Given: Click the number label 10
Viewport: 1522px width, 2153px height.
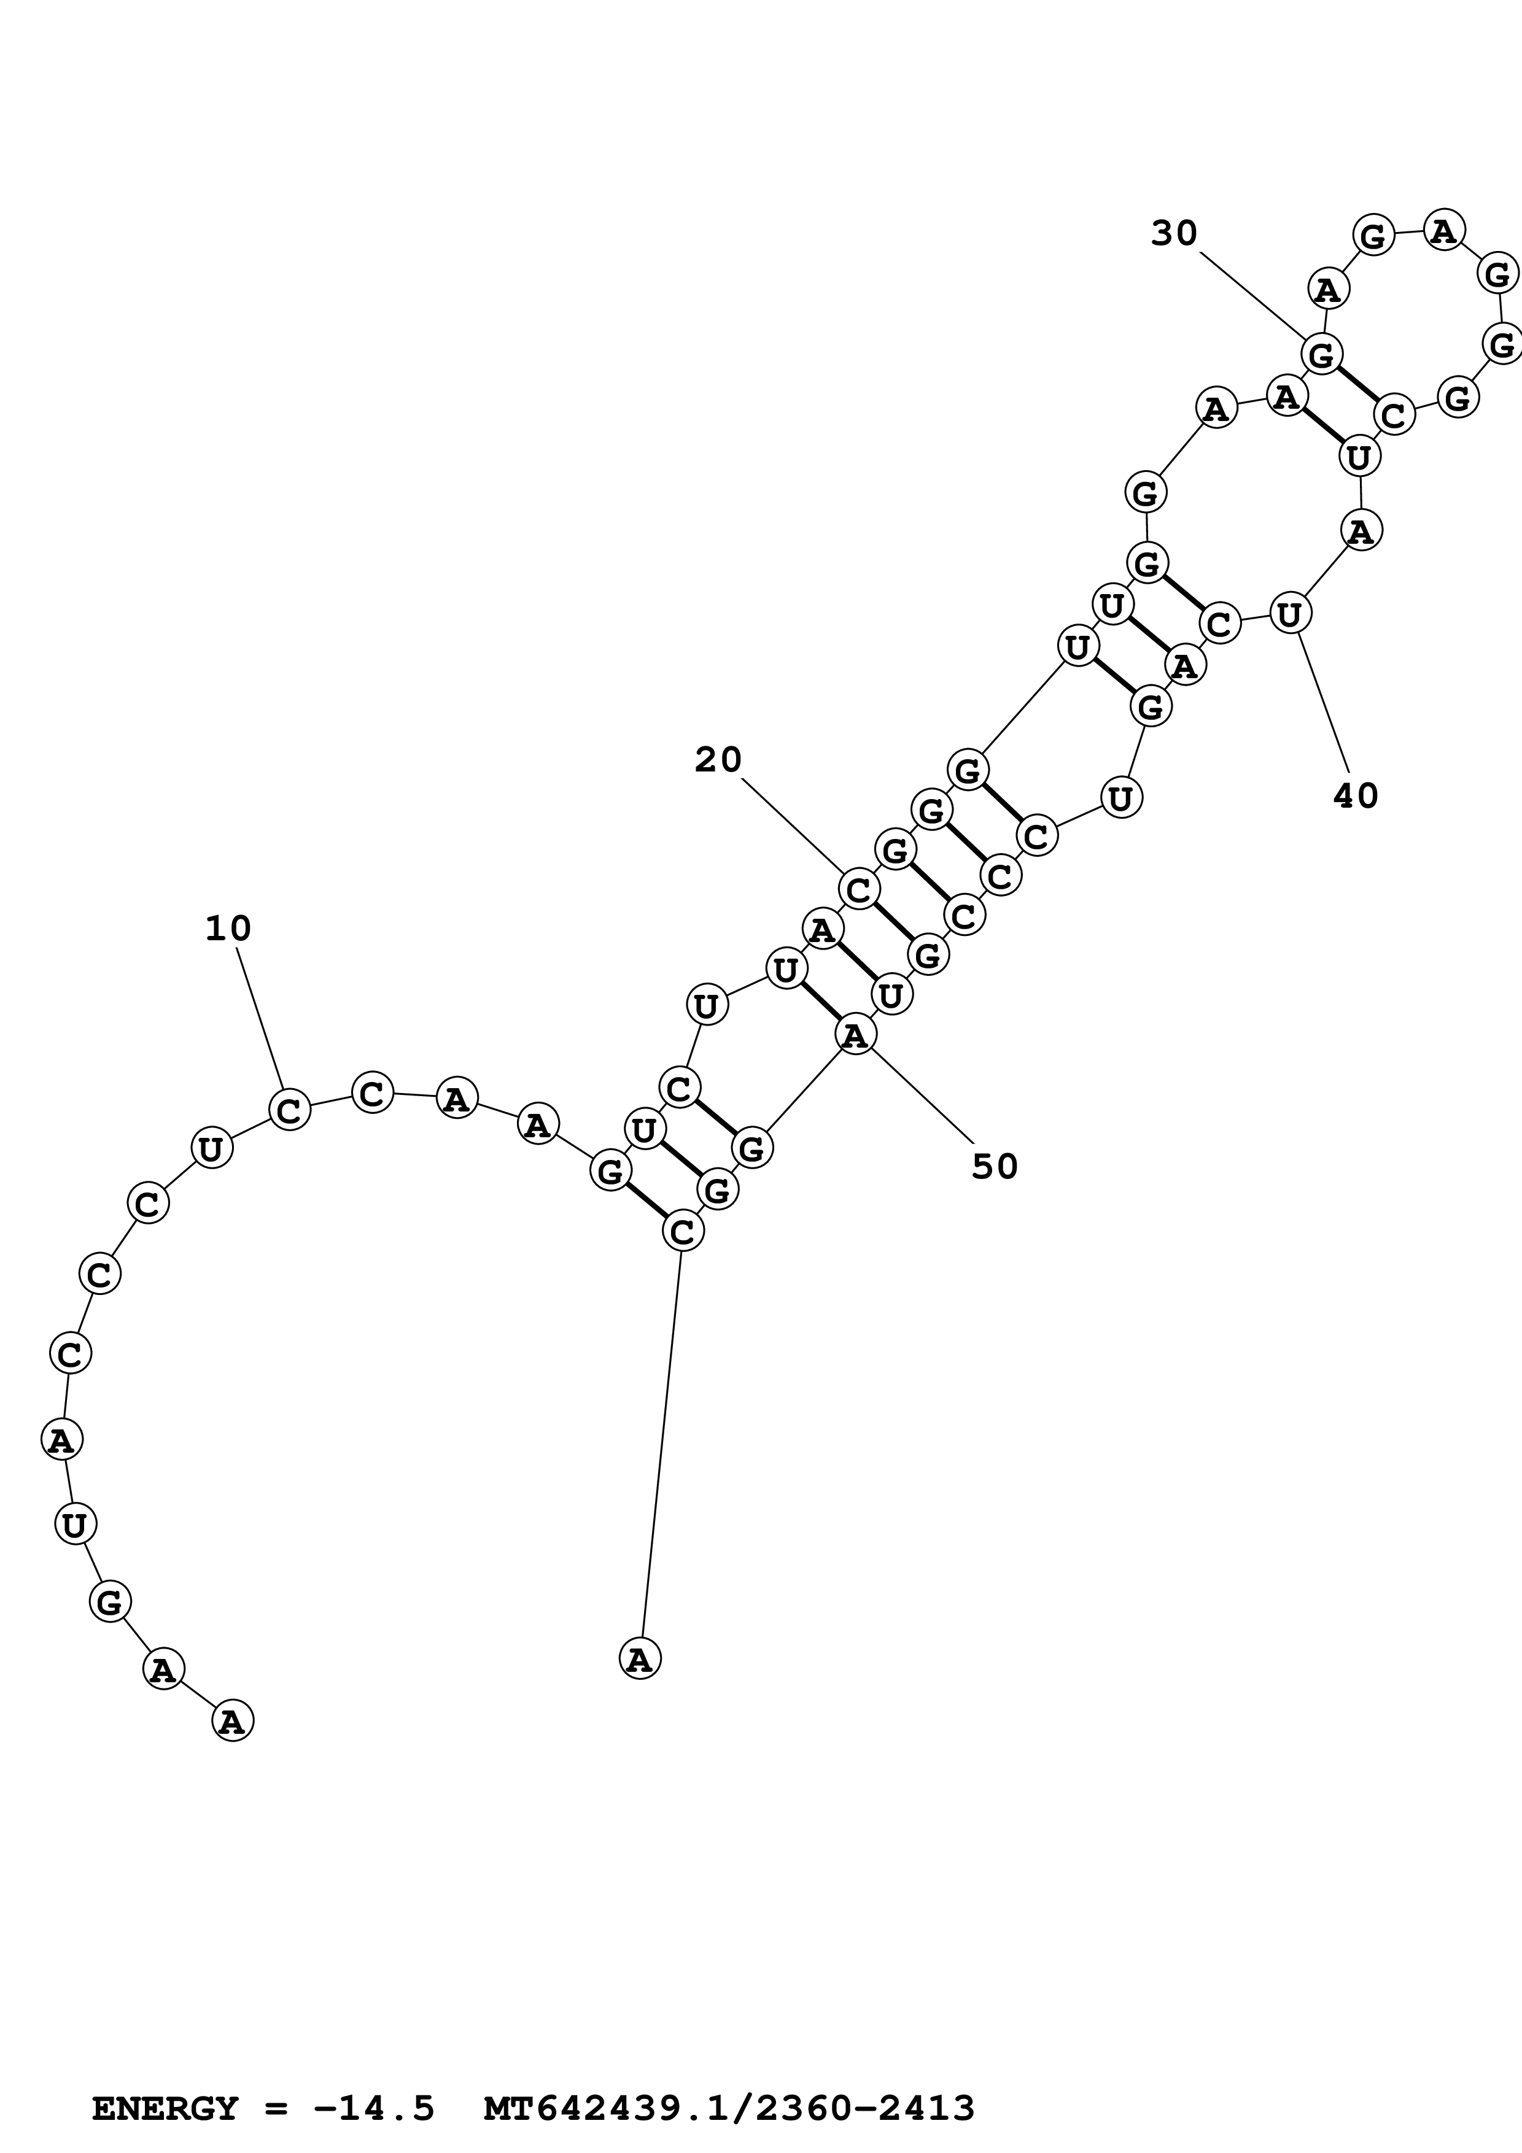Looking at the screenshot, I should pos(228,929).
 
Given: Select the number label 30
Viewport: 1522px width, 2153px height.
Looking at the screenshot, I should pos(1174,233).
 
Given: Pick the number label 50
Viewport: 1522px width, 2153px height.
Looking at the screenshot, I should pos(995,1167).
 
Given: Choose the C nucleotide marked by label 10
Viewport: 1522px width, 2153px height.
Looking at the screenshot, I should pos(290,1109).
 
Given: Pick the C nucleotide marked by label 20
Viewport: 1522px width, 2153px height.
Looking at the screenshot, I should pos(858,889).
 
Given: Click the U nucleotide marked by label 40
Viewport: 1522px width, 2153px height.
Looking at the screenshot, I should pos(1289,614).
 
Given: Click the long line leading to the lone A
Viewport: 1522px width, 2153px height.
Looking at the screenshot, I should pos(661,1444).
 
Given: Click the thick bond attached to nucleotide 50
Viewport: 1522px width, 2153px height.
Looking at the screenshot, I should pos(820,1002).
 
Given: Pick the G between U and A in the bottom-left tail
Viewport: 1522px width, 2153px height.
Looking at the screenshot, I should pos(110,1602).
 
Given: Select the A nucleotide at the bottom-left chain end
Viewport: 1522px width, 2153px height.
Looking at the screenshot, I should pos(233,1721).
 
